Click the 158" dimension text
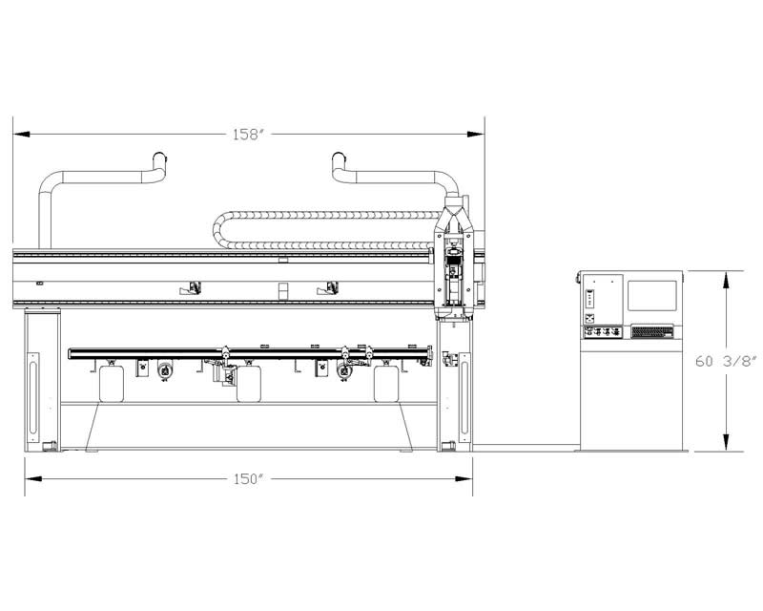point(248,134)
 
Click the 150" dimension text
point(248,479)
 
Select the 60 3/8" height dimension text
point(726,361)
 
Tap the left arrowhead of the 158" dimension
point(22,134)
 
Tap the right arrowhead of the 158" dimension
point(476,134)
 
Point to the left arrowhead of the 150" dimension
point(33,479)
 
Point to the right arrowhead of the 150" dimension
point(464,479)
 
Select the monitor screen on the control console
point(652,295)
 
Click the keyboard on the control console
point(652,332)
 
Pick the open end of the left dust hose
point(159,158)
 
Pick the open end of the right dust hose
point(339,158)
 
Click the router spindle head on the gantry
point(454,273)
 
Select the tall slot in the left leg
point(33,397)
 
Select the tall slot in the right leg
point(464,397)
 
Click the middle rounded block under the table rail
point(249,384)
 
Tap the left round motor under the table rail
point(165,370)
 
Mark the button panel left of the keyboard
point(604,332)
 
